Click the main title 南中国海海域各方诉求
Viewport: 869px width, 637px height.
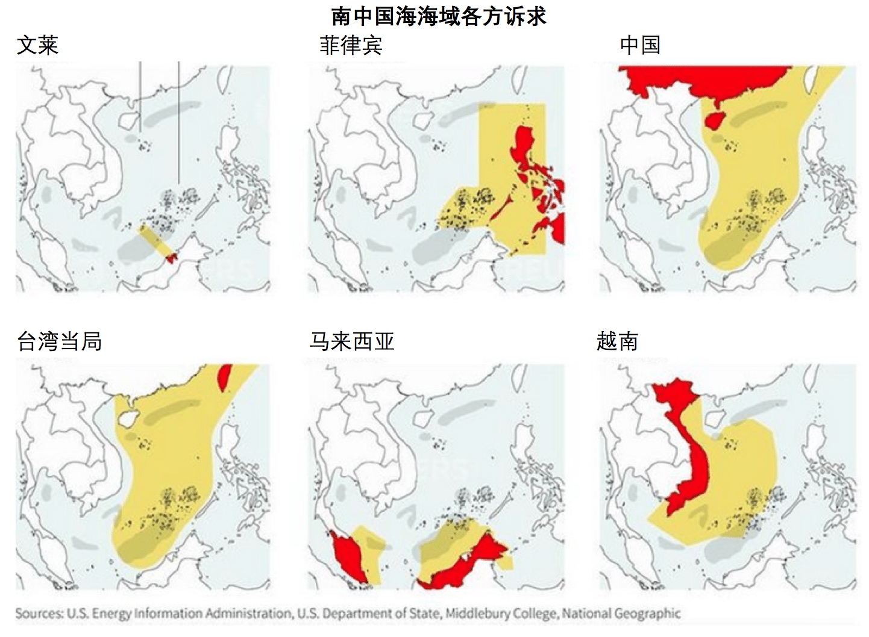438,16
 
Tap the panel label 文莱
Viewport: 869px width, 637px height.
37,45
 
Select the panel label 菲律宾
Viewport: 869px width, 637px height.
351,45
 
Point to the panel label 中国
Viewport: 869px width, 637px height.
640,45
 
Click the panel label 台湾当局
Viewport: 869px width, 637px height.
59,341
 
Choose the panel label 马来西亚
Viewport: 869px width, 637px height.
352,341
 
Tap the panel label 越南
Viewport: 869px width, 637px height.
617,341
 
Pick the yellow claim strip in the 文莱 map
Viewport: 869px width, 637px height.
154,240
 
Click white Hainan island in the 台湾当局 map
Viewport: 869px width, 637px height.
128,417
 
